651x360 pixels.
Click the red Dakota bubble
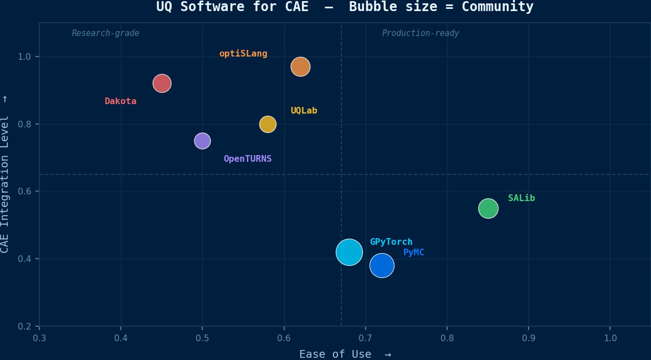[x=162, y=84]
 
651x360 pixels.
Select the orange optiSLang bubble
[x=300, y=67]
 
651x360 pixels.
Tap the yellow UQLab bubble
[x=268, y=124]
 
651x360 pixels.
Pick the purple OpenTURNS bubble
[x=202, y=141]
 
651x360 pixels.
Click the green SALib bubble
[x=488, y=208]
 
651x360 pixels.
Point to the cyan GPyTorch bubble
[x=349, y=253]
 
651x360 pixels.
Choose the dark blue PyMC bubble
[x=382, y=266]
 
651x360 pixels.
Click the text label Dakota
[x=120, y=101]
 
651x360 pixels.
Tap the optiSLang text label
[x=243, y=54]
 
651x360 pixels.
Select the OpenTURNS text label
[x=248, y=159]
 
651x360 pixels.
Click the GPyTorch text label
[x=391, y=242]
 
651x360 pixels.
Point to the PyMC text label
[x=414, y=253]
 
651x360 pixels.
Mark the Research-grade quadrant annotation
[x=105, y=33]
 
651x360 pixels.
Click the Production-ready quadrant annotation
[x=421, y=33]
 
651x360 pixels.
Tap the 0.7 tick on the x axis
[x=366, y=338]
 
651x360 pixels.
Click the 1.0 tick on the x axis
[x=610, y=338]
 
